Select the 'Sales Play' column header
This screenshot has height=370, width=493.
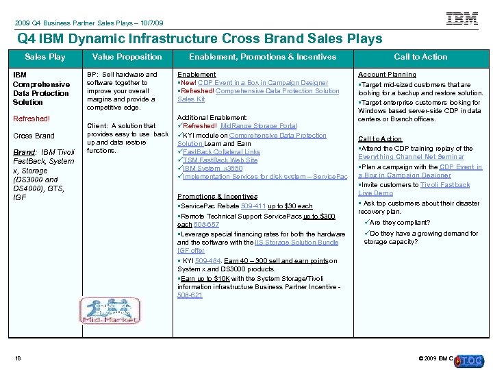click(x=45, y=57)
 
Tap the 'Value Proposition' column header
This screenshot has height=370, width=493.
click(x=127, y=57)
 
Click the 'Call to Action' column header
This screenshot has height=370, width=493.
click(x=420, y=57)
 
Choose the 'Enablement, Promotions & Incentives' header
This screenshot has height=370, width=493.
click(x=263, y=57)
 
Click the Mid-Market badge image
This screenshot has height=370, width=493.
click(x=110, y=310)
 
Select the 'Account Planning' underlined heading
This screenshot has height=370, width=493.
click(x=387, y=75)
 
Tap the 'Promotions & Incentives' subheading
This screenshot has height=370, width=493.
click(x=217, y=197)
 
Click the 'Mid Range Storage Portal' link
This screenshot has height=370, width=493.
click(x=258, y=126)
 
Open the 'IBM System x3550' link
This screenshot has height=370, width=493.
click(x=212, y=168)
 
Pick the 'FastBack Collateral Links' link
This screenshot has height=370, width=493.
click(x=221, y=151)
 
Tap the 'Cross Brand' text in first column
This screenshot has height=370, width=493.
click(x=34, y=136)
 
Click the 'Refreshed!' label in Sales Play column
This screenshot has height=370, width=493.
click(x=31, y=119)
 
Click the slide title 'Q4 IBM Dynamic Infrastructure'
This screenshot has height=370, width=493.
click(x=199, y=38)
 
